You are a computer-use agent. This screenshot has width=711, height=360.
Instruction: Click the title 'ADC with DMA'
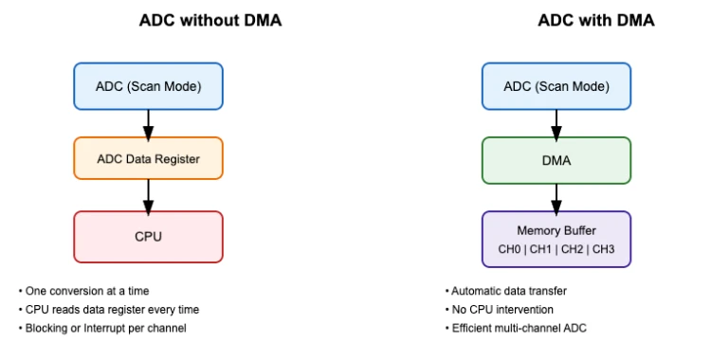point(556,21)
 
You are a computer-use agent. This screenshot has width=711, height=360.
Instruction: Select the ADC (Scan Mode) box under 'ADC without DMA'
point(148,85)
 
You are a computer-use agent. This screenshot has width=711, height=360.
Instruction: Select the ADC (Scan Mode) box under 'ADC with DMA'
point(556,85)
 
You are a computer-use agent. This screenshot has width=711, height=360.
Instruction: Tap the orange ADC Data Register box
point(148,159)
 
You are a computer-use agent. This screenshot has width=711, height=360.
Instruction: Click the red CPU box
point(148,236)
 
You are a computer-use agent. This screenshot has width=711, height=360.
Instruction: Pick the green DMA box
point(556,159)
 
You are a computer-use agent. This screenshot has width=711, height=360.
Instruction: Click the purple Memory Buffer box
point(556,238)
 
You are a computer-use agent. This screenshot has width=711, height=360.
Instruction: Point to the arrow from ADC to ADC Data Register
point(148,122)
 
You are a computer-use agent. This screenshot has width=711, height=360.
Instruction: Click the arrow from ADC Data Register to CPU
point(148,195)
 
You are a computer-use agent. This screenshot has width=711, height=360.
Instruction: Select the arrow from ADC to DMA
point(556,122)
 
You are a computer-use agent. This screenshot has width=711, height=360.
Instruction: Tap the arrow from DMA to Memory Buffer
point(556,196)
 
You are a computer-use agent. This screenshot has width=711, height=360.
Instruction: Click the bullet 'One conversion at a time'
point(87,291)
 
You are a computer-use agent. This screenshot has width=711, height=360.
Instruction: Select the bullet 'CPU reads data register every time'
point(111,309)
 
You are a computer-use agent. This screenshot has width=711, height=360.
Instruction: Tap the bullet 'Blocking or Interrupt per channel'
point(106,328)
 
